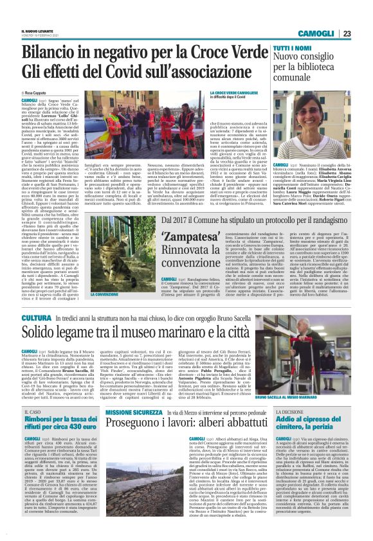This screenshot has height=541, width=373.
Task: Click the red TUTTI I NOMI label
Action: point(293,49)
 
